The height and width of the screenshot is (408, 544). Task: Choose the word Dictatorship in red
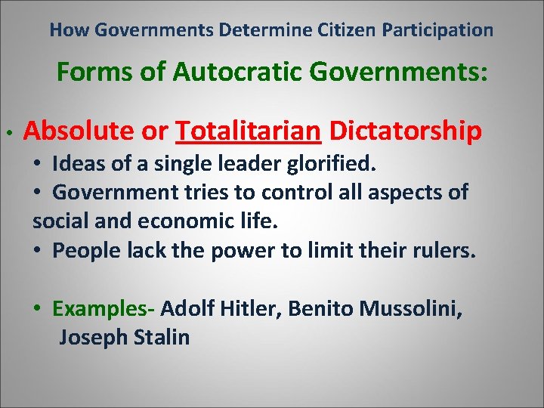pos(406,131)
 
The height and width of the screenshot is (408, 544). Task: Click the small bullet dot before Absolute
pos(7,133)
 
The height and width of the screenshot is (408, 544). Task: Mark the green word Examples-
pos(104,308)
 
